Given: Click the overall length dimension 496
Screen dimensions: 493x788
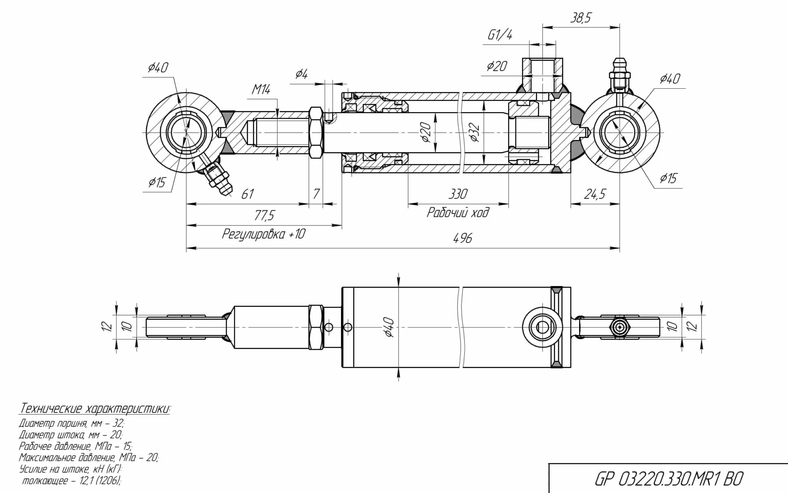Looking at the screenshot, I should coord(463,238).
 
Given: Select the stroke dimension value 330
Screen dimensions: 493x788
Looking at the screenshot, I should coord(458,194).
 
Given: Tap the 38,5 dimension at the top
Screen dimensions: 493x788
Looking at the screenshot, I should coord(580,18).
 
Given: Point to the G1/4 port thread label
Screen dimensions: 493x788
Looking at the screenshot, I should coord(499,35).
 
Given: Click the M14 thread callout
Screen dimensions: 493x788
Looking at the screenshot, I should coord(261,89).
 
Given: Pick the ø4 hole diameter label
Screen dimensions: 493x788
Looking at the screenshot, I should coord(301,74).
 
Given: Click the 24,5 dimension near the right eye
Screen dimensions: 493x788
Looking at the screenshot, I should coord(595,194).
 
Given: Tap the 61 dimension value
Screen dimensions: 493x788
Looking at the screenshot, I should coord(247,194).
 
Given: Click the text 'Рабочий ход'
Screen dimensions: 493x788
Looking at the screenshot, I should coord(458,213).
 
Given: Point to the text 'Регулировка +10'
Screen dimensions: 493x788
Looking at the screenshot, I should coord(263,234).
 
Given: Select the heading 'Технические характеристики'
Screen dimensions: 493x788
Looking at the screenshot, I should coord(95,409).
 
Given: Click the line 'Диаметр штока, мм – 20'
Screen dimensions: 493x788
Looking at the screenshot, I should coord(71,435).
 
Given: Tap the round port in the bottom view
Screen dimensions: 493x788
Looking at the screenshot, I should coord(542,327).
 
